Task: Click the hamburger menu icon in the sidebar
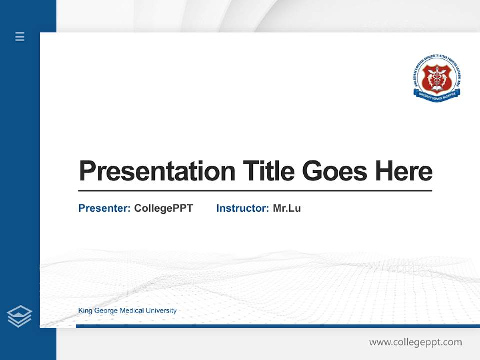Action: tap(20, 36)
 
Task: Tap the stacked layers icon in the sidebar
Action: tap(19, 316)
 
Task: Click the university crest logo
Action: tap(437, 80)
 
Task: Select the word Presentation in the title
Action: tap(157, 171)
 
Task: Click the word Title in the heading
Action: tap(268, 171)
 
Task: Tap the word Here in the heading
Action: tap(403, 171)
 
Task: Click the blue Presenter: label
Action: tap(104, 208)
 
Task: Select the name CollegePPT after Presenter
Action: tap(163, 208)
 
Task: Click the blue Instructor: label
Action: tap(242, 208)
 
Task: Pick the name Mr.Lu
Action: tap(287, 208)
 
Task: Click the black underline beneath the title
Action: tap(255, 191)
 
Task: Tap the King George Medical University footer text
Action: tap(127, 311)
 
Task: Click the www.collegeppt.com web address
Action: tap(415, 342)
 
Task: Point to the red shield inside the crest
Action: tap(437, 78)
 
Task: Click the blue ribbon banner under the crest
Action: tap(437, 97)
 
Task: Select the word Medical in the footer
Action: tap(131, 311)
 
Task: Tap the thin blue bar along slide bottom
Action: tap(277, 326)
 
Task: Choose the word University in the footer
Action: tap(161, 311)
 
